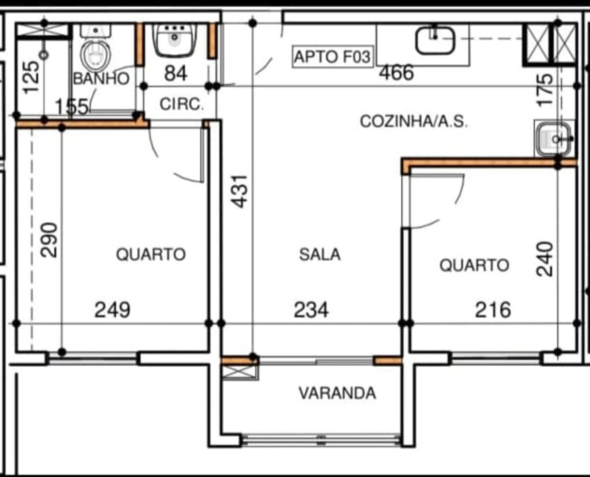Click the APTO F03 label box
point(332,57)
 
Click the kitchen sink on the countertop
point(435,40)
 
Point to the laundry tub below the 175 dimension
point(554,139)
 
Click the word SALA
point(320,254)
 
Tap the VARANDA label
point(337,393)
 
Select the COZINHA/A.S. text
point(414,122)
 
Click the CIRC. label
point(181,104)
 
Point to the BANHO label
point(101,79)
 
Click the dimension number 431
point(240,191)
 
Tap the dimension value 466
point(396,73)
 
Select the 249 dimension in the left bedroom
point(112,310)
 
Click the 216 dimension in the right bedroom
point(493,310)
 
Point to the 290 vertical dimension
point(50,240)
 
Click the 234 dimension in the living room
point(311,310)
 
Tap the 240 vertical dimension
point(545,259)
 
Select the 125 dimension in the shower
point(31,77)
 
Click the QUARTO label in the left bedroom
point(150,254)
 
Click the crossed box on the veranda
point(240,372)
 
